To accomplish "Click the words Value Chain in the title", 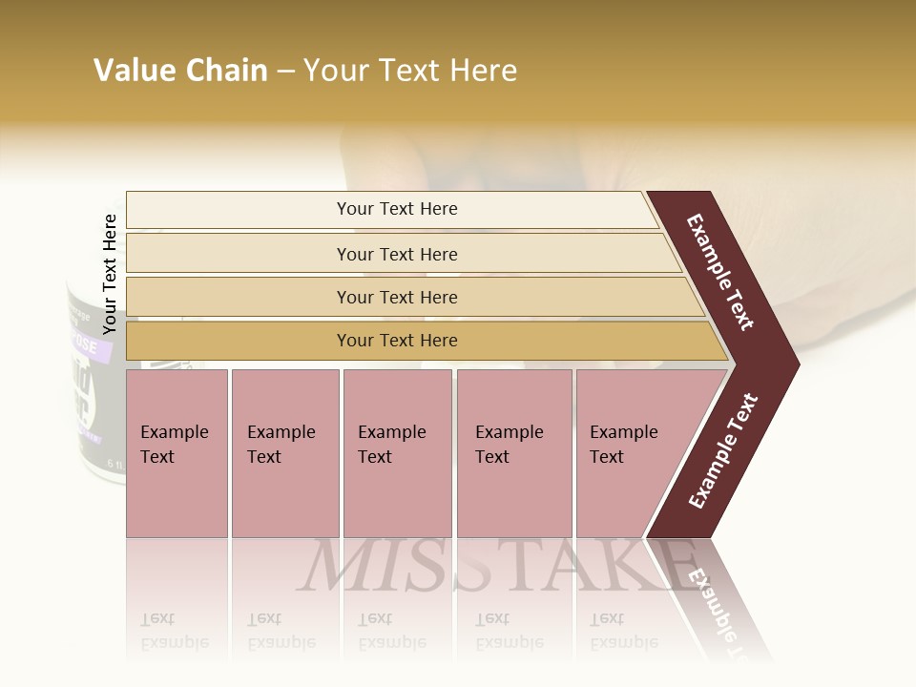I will [x=180, y=71].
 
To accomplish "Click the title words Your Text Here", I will [x=410, y=71].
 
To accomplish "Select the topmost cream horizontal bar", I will [x=397, y=209].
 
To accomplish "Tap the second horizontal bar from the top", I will [x=397, y=254].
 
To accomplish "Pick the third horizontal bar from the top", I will [x=397, y=297].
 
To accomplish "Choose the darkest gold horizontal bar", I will [x=397, y=341].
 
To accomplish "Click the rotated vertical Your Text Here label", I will [x=110, y=274].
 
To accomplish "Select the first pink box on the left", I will [x=177, y=453].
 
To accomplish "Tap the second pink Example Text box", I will [x=285, y=453].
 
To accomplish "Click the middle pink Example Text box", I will [x=397, y=453].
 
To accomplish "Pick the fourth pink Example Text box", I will [x=514, y=453].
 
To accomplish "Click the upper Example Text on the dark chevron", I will [x=721, y=272].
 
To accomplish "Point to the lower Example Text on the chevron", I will [x=723, y=451].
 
